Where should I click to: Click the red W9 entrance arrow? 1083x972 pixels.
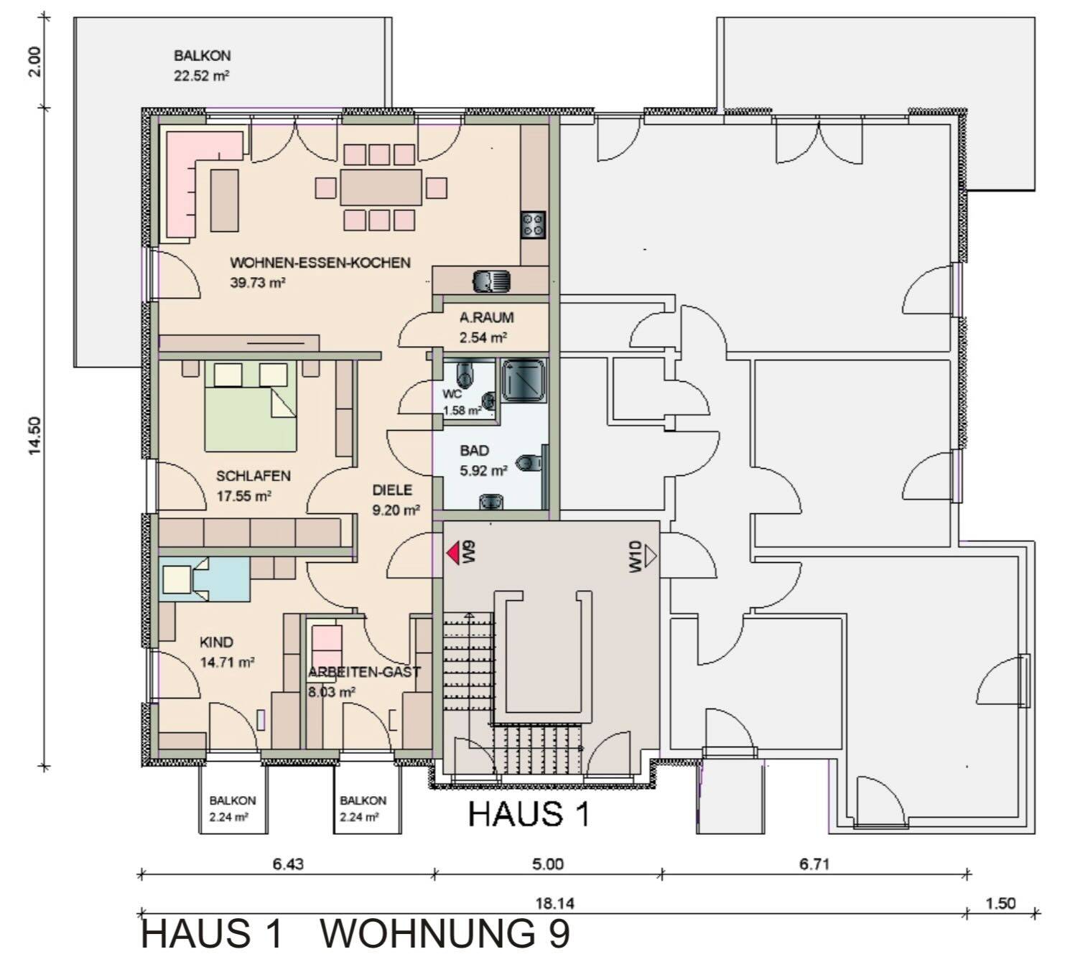click(x=453, y=553)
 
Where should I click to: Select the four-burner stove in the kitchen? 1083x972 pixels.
click(x=533, y=225)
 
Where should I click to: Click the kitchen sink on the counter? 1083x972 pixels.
click(x=491, y=279)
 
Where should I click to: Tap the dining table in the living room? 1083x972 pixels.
click(x=381, y=187)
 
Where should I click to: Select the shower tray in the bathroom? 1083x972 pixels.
click(x=524, y=380)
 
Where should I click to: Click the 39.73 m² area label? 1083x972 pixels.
click(x=258, y=283)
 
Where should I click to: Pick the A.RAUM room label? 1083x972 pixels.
click(x=487, y=317)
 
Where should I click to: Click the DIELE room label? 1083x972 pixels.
click(x=392, y=490)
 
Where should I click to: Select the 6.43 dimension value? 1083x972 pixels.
click(x=288, y=864)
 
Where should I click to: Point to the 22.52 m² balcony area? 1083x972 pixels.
click(x=201, y=76)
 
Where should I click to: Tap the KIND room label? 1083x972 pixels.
click(x=216, y=642)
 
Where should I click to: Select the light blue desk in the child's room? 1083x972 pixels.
click(x=204, y=579)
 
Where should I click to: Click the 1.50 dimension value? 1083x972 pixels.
click(x=1000, y=903)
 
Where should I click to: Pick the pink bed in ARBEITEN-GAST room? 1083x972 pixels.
click(x=327, y=645)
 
